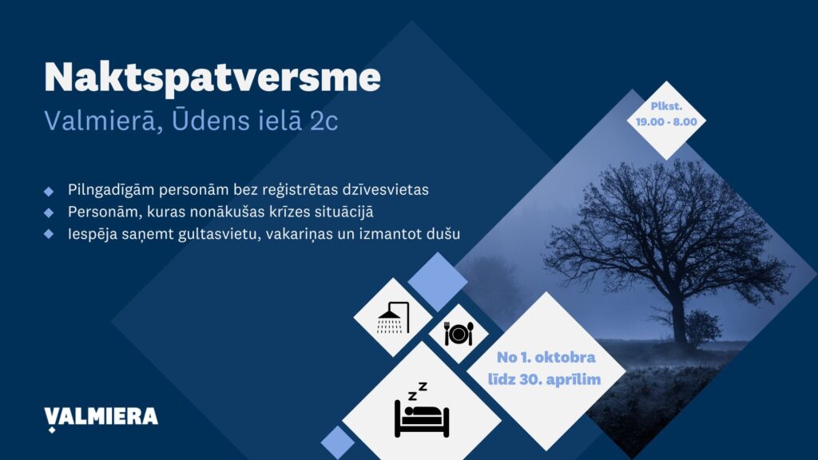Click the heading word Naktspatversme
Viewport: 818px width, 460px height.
(212, 78)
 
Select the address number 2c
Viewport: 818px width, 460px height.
(324, 121)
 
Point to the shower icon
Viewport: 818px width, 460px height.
(393, 317)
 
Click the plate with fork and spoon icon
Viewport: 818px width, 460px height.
(459, 334)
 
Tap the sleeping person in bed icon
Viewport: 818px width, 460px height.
(422, 410)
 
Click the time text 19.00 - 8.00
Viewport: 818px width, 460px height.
(666, 122)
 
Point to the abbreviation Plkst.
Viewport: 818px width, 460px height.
(666, 106)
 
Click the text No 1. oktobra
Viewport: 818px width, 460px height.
(546, 357)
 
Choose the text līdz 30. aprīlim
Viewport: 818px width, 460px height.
(544, 379)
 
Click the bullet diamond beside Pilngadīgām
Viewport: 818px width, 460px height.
(49, 192)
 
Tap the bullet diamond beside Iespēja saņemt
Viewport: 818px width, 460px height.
(49, 234)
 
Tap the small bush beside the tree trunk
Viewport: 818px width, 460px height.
(702, 328)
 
